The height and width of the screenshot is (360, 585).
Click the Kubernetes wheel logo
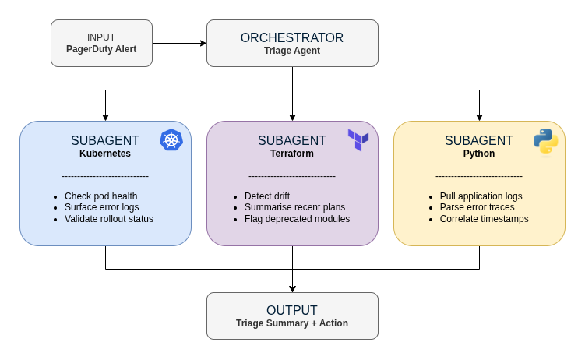(171, 140)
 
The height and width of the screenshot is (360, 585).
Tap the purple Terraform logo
(358, 140)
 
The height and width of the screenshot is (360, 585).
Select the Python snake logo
(545, 142)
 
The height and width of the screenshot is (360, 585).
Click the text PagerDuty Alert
(101, 49)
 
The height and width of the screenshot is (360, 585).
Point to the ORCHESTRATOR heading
(292, 37)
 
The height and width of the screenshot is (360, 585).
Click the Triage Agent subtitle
(292, 51)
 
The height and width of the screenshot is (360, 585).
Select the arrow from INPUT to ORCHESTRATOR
(179, 43)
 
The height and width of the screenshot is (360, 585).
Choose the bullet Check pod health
(102, 196)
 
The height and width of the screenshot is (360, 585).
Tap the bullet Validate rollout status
(109, 219)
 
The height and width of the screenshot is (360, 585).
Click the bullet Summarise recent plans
(294, 207)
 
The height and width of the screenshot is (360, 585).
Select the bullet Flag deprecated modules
(297, 219)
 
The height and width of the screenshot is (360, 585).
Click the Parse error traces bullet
(473, 207)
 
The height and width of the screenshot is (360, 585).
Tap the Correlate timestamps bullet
(484, 219)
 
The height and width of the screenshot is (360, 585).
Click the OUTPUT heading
(292, 310)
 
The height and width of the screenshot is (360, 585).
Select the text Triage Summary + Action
(292, 323)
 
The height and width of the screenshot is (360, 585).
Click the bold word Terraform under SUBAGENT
(292, 154)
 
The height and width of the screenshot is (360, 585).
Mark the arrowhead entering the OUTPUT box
(292, 288)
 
